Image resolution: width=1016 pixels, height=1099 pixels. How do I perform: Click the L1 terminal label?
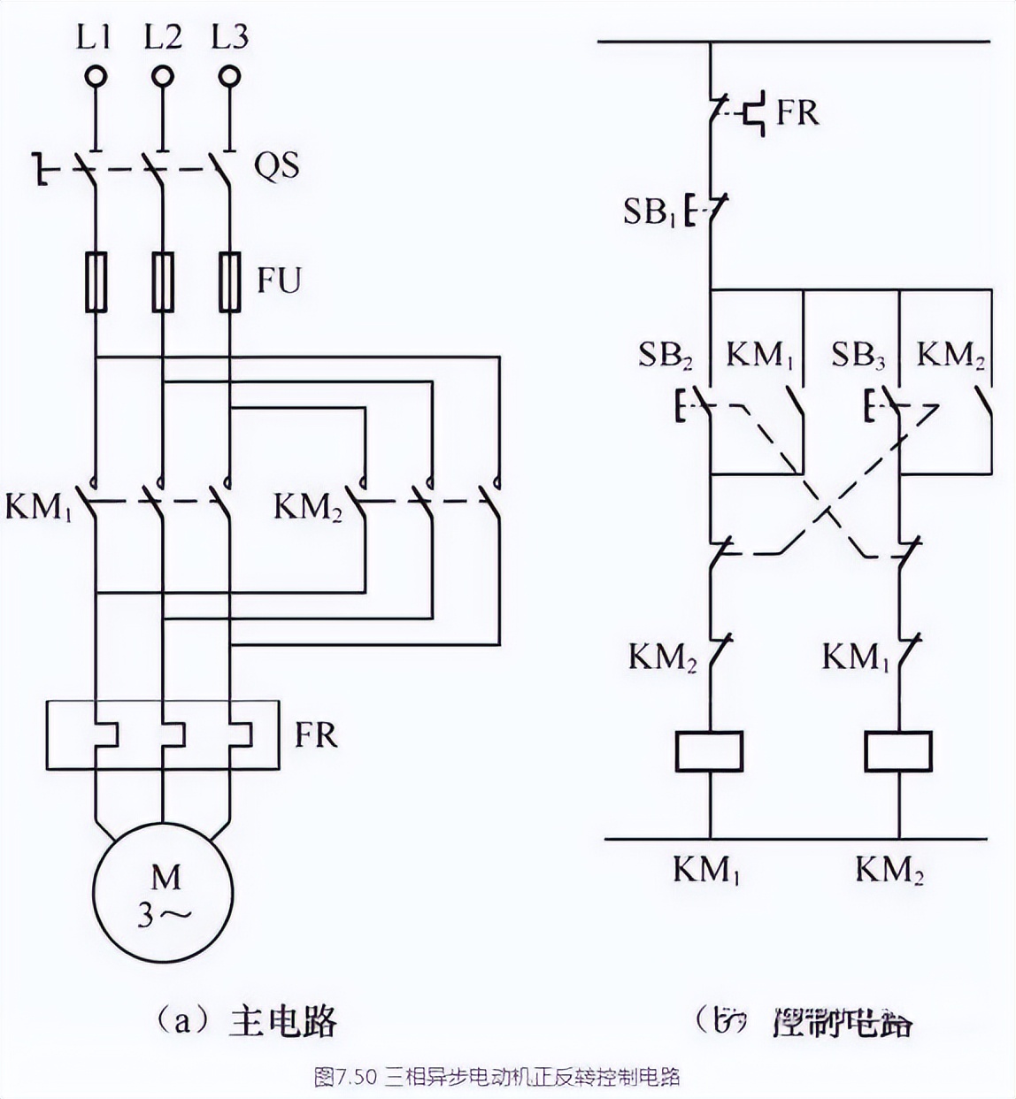94,36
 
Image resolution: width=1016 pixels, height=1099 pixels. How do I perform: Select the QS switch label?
276,165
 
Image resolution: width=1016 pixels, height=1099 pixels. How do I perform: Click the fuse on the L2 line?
162,282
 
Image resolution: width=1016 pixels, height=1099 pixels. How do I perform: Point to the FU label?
279,281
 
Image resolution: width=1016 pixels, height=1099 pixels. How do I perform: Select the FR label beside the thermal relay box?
316,735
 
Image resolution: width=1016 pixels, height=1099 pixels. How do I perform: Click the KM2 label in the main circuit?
307,508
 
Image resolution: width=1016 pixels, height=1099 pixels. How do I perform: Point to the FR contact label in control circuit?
797,112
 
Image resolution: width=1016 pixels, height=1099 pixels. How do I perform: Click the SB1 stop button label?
650,211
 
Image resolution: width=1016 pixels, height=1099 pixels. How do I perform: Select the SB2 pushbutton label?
666,356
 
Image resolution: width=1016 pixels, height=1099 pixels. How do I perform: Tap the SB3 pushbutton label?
858,356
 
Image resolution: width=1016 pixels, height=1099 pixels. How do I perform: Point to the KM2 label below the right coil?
889,871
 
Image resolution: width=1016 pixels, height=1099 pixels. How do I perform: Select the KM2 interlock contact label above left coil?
663,657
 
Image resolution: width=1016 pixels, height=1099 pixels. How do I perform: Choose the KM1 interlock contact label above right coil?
855,657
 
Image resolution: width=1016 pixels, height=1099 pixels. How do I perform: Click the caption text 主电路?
283,1020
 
